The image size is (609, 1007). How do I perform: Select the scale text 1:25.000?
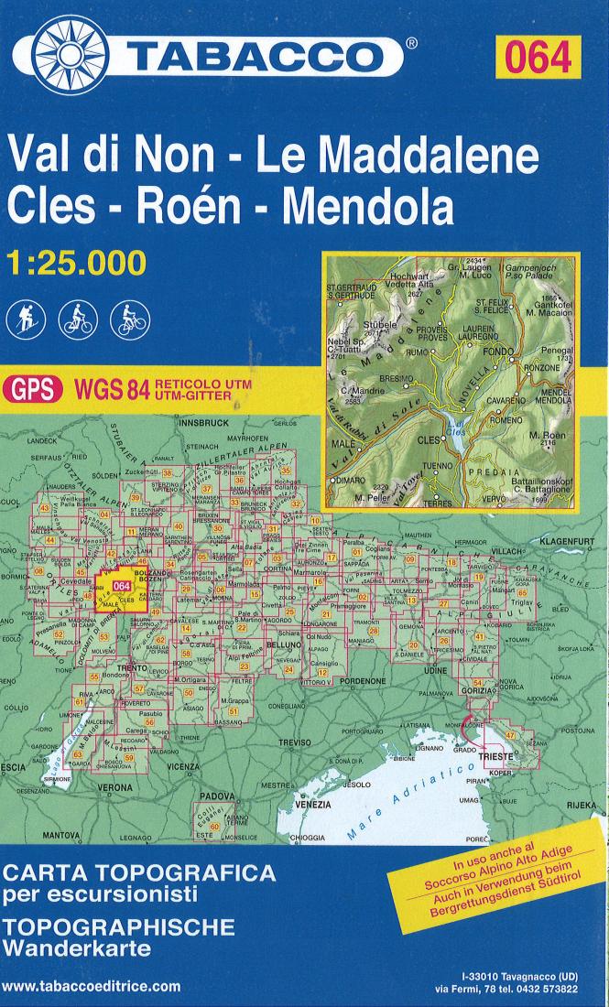click(76, 263)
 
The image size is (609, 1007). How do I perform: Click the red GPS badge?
click(32, 389)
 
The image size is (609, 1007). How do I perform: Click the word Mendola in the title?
click(368, 207)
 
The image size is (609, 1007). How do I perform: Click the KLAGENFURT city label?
click(569, 542)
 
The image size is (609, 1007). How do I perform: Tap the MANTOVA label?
click(57, 836)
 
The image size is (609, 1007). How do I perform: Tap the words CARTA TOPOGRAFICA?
click(137, 873)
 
